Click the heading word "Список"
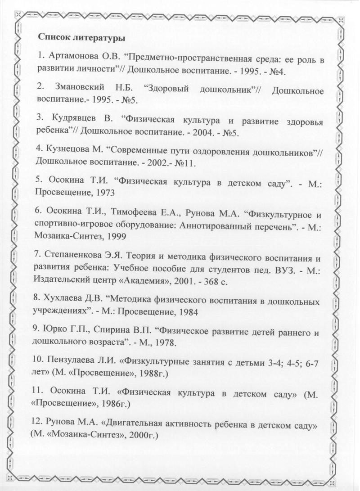[54, 37]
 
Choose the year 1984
[188, 311]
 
